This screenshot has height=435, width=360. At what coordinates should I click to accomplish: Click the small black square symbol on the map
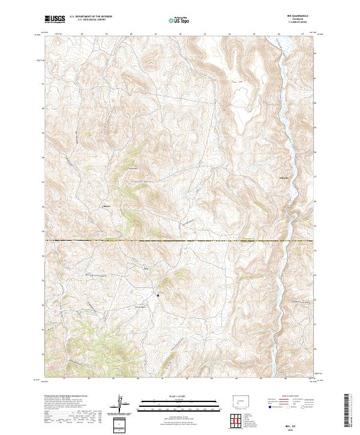158,295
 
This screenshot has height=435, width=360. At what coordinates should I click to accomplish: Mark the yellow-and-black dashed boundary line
180,241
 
